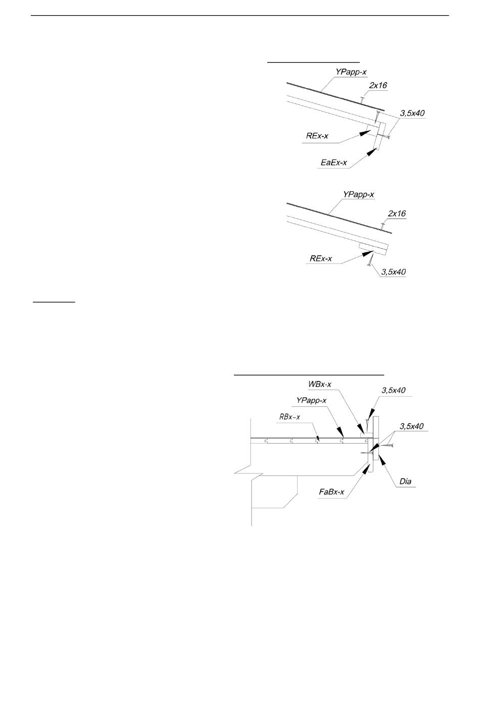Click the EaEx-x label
(x=334, y=162)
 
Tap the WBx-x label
(x=320, y=384)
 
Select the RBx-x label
(x=290, y=417)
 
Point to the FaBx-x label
(x=331, y=492)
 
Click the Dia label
(x=405, y=481)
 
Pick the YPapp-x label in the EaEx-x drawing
(x=351, y=72)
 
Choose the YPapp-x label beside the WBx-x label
(x=311, y=401)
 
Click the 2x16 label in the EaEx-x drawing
(x=378, y=85)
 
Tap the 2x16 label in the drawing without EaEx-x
(x=397, y=213)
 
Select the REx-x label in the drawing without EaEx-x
(x=321, y=259)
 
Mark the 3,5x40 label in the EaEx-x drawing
(x=412, y=114)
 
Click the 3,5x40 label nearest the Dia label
(x=412, y=426)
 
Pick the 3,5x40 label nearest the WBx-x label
(x=394, y=390)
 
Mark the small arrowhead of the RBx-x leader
(x=318, y=439)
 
